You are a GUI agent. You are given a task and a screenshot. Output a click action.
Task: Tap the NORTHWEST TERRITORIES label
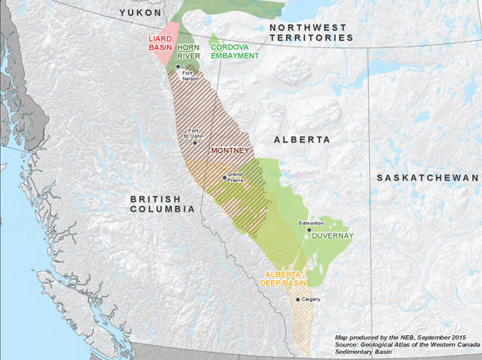(x=311, y=32)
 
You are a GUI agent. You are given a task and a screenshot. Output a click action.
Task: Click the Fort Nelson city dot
(x=178, y=67)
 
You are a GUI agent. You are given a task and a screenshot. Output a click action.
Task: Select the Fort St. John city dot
(x=195, y=142)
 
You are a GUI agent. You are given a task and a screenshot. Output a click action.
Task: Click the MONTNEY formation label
(x=229, y=151)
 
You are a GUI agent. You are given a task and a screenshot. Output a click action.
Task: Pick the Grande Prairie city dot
(x=224, y=176)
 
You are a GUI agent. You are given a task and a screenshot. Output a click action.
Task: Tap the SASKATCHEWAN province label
(x=427, y=178)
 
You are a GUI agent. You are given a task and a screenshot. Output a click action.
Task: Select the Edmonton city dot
(x=309, y=230)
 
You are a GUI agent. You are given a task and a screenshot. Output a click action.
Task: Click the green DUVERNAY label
(x=332, y=236)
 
